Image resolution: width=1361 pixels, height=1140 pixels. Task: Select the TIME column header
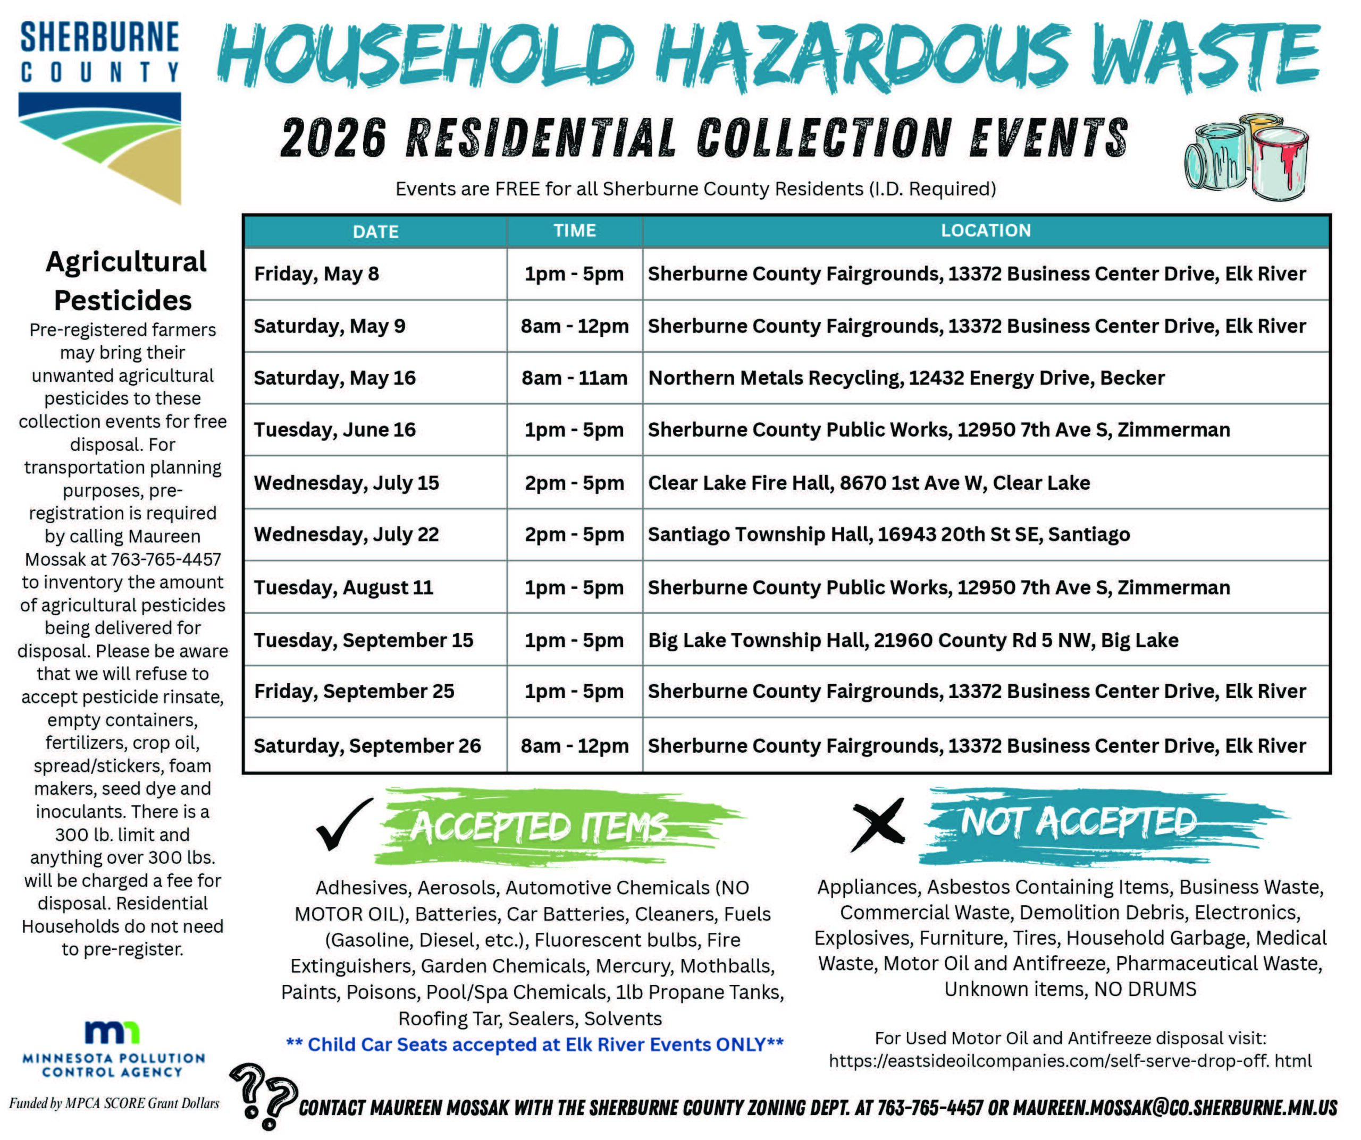(x=574, y=231)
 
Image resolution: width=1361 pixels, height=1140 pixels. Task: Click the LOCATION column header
(x=985, y=231)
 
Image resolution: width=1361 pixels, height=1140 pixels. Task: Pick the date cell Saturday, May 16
(x=334, y=378)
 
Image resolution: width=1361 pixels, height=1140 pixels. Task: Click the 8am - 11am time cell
(x=574, y=378)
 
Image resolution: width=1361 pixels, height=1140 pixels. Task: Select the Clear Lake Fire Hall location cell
(x=869, y=482)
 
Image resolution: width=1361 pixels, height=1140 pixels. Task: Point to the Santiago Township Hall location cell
(x=888, y=534)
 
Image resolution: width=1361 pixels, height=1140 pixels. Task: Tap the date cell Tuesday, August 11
(x=343, y=588)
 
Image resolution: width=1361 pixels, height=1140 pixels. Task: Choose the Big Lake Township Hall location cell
(x=912, y=640)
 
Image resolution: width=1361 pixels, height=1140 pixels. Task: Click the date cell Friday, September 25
(x=354, y=691)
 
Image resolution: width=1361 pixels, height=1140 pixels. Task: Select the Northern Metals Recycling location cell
(x=906, y=378)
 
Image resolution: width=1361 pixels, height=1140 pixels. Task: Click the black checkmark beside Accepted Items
(x=343, y=824)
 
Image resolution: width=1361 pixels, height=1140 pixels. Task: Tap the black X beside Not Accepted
(x=878, y=824)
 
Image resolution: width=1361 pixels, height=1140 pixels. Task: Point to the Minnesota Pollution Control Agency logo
(x=113, y=1049)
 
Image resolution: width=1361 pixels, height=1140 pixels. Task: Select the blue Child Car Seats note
(x=535, y=1044)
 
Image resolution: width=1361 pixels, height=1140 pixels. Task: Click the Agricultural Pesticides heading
(x=124, y=280)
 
